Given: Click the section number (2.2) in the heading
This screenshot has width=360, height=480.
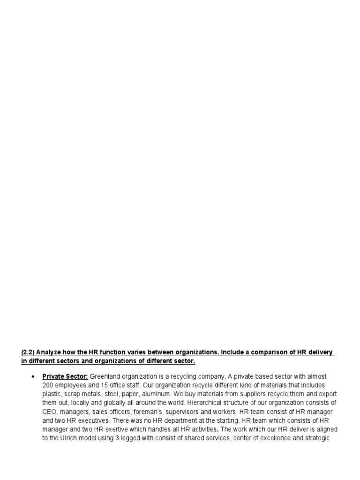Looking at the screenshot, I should point(28,352).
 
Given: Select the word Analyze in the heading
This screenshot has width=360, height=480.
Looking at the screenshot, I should point(49,352).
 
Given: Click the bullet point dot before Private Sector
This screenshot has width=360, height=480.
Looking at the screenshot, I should point(33,376).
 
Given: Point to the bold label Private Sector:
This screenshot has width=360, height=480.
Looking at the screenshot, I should point(65,376).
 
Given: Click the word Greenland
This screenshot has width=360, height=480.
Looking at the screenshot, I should point(105,376).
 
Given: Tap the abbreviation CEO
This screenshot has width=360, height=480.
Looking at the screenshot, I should point(49,412).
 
